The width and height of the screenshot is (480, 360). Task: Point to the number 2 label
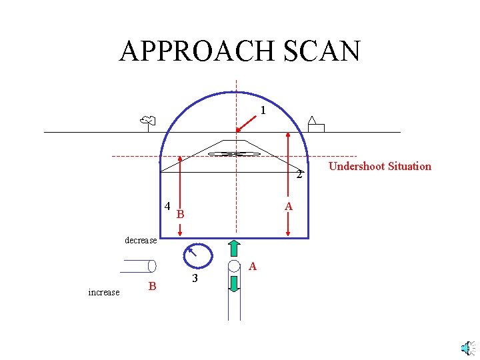[x=299, y=175]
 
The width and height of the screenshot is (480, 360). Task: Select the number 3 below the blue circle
[x=194, y=278]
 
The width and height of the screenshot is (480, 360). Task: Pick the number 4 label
[x=167, y=205]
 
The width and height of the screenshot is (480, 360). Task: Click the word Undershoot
[x=357, y=166]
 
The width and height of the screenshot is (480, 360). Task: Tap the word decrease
[x=141, y=240]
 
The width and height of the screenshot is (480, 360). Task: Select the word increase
[x=104, y=292]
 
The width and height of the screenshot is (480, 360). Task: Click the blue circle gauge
[x=197, y=255]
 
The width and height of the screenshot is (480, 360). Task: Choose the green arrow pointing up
[x=234, y=248]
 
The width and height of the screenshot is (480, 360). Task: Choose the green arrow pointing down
[x=234, y=283]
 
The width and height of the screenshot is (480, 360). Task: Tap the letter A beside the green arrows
[x=252, y=267]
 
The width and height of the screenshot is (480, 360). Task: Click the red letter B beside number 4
[x=180, y=215]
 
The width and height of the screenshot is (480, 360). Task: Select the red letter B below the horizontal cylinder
[x=152, y=287]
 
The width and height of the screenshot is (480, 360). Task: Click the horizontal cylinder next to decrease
[x=138, y=266]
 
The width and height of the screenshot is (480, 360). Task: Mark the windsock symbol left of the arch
[x=148, y=121]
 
